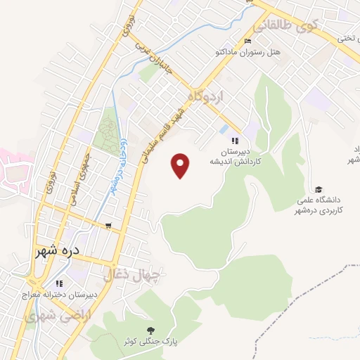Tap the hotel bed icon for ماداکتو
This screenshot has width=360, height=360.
(247, 41)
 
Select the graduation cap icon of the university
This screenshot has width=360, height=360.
(319, 189)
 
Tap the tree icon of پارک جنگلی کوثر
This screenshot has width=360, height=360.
(149, 330)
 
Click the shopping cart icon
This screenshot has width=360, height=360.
(108, 226)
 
